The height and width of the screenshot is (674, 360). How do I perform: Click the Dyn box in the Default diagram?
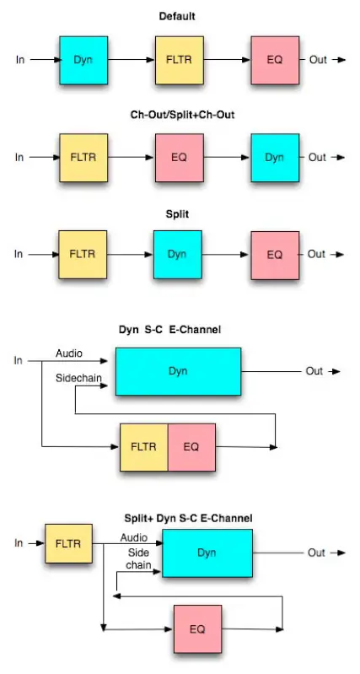(83, 60)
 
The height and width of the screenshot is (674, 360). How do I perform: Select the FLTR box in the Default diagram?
(179, 60)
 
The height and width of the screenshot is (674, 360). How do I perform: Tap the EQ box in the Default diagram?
(275, 60)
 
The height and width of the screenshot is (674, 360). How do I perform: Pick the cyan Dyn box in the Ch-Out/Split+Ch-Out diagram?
(275, 157)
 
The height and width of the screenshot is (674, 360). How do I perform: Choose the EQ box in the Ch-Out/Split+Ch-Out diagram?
(179, 157)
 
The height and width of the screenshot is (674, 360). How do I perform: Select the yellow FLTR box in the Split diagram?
(83, 253)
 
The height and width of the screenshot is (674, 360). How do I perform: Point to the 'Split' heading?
(178, 214)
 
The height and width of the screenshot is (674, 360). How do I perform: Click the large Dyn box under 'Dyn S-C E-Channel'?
(178, 370)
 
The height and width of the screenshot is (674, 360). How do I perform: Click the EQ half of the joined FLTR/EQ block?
(191, 446)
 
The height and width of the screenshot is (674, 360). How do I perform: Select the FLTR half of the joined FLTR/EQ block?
(144, 446)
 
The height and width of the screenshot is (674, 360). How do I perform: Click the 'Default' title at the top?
(178, 16)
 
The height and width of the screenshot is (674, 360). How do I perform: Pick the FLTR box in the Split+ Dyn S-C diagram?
(68, 544)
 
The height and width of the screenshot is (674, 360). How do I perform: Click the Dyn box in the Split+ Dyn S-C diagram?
(207, 553)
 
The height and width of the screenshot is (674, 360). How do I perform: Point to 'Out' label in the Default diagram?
(317, 60)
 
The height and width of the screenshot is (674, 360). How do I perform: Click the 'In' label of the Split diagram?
(19, 253)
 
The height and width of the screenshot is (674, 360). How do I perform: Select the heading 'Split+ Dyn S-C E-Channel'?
(189, 517)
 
